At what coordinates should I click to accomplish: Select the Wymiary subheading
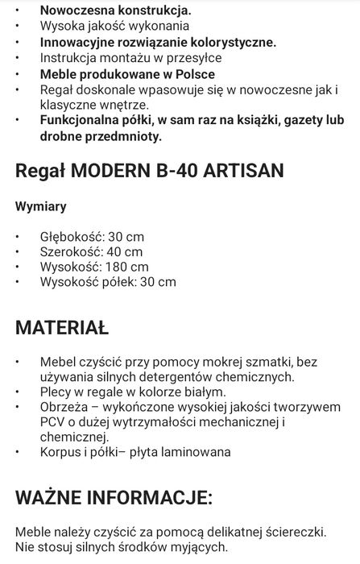click(x=41, y=206)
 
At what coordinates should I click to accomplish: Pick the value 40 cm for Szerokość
click(x=122, y=251)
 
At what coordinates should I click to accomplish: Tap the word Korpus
click(x=62, y=452)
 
